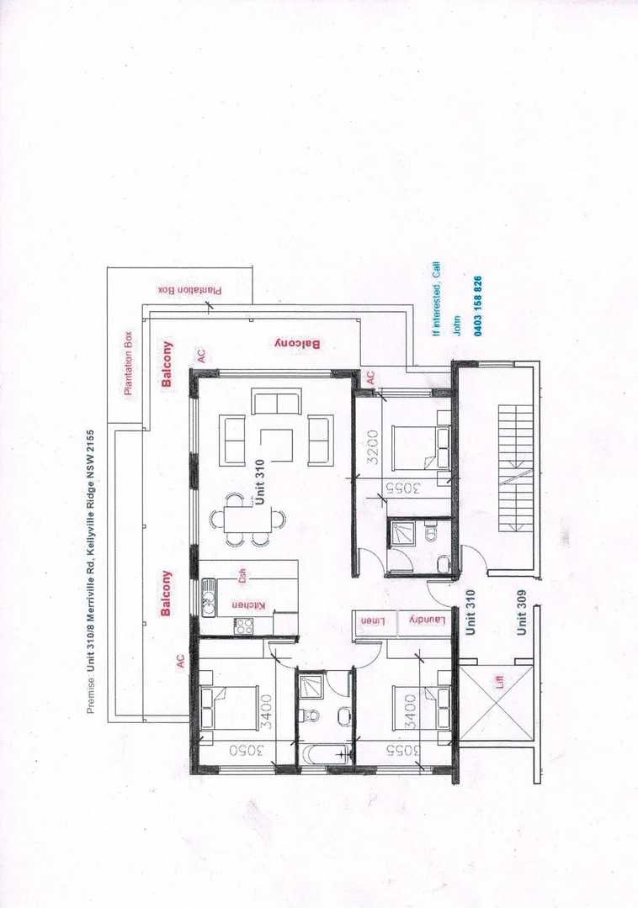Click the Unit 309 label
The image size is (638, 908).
(x=522, y=611)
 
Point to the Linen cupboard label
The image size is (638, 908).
(x=372, y=620)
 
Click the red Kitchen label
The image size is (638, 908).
(x=237, y=605)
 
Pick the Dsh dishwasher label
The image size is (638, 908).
(x=242, y=575)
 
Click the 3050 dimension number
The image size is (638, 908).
(x=246, y=751)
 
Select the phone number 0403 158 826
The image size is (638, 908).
(x=478, y=306)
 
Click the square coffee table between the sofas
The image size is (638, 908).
(x=276, y=446)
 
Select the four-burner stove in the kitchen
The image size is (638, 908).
(x=244, y=626)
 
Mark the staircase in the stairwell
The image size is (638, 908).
(x=514, y=469)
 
